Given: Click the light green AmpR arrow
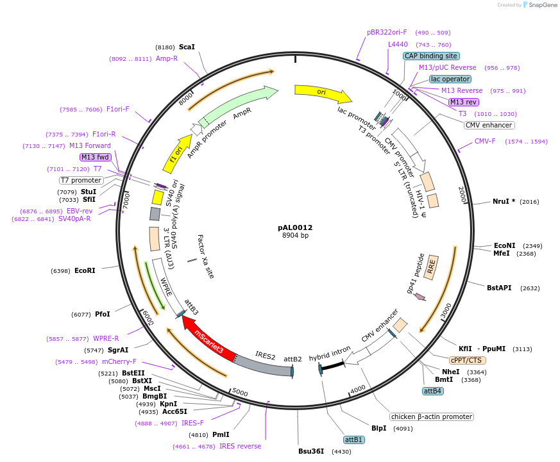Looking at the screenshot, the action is point(235,104).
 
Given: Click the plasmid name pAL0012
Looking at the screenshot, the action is point(295,227).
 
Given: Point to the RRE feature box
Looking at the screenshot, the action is point(431,267).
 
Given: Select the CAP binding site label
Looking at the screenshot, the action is point(431,56).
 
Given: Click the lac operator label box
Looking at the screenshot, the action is point(450,79).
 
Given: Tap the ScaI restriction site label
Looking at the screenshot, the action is point(187,47).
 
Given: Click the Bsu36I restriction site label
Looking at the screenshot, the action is point(311,451).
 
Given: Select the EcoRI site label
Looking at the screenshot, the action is point(85,271).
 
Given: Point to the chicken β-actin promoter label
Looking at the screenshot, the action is point(432,417).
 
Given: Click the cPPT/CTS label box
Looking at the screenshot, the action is point(466,360).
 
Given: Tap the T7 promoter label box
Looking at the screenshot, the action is point(81,180).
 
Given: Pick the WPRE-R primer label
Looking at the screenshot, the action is point(106,338).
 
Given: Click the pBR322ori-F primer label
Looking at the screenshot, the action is point(387,32).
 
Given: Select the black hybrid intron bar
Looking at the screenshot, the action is point(332,366).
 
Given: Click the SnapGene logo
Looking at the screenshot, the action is point(540,5).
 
